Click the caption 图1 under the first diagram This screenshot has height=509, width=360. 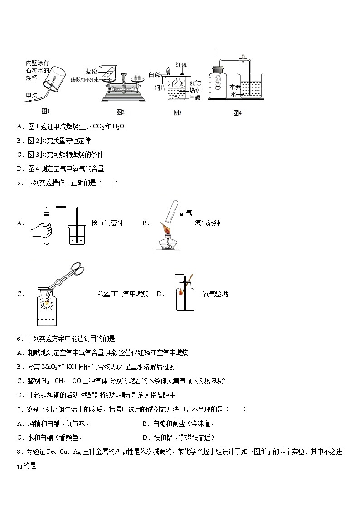point(45,111)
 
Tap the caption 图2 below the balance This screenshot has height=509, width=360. point(120,112)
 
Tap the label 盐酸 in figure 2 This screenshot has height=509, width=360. point(91,72)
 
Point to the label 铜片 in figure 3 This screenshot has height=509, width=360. point(160,87)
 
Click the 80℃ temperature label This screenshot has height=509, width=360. point(195,83)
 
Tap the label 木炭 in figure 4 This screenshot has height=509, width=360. point(235,86)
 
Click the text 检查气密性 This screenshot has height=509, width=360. point(107,223)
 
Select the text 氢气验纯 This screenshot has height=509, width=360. point(208,223)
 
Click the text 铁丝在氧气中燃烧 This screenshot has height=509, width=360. point(123,294)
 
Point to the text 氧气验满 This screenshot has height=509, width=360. point(215,294)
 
